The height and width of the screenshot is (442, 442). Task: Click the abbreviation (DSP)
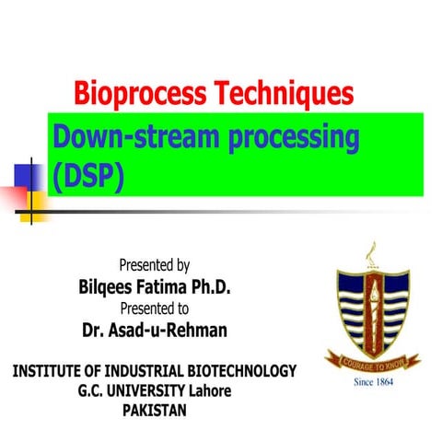[x=88, y=173]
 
